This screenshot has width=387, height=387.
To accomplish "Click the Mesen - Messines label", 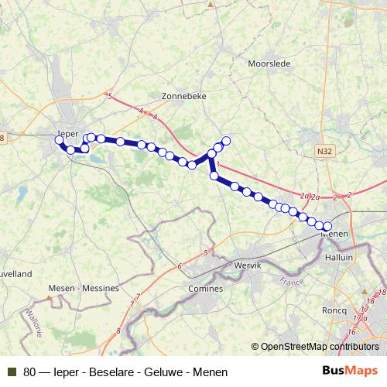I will coord(83,287).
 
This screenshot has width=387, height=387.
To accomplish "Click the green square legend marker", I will coord(12,372).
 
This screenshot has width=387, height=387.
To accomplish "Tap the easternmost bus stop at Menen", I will coord(327,225).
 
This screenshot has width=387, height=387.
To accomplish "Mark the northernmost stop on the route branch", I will coord(226,141).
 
